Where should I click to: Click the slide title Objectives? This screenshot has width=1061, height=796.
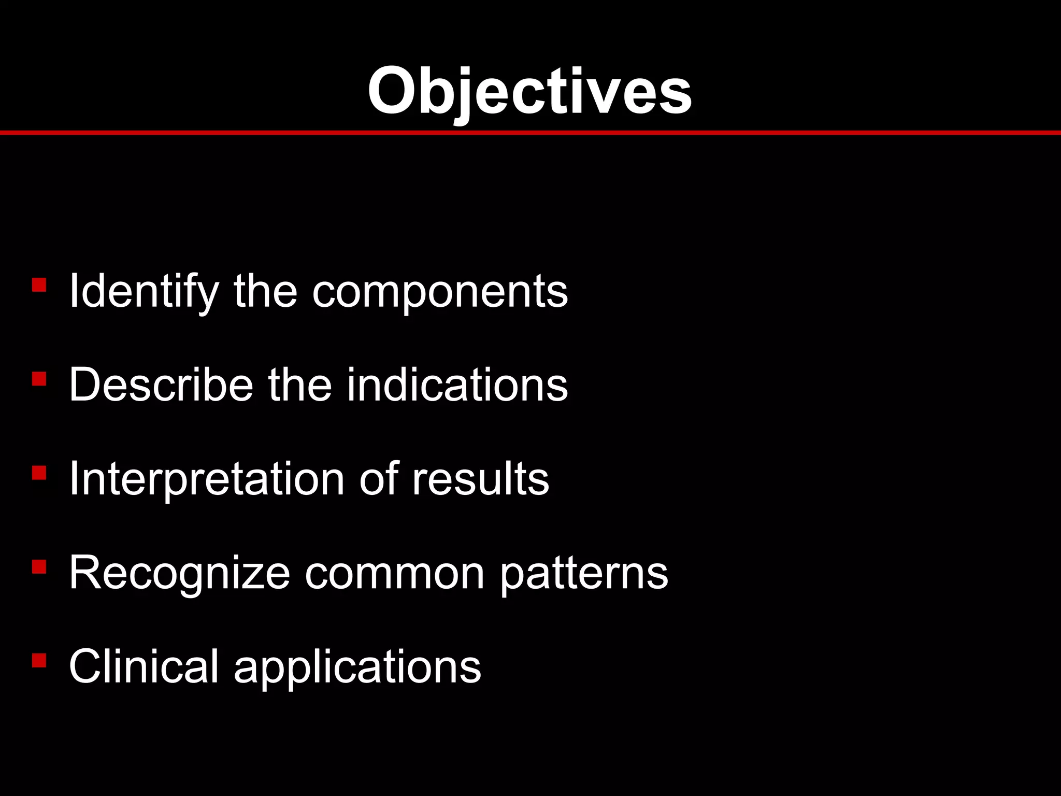(529, 92)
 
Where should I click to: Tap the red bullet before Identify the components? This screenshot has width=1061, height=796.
(39, 285)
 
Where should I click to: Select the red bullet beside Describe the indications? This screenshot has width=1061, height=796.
(39, 379)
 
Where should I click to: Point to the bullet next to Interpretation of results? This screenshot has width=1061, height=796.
(39, 473)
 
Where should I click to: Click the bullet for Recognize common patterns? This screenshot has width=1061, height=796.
(39, 566)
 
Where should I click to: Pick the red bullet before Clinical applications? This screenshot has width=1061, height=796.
(39, 660)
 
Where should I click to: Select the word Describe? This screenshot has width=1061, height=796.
(161, 386)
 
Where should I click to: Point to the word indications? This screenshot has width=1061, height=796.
(457, 386)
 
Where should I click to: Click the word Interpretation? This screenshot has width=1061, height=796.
(207, 480)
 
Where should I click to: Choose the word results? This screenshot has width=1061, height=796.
(480, 480)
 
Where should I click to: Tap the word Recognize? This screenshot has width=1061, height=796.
(179, 574)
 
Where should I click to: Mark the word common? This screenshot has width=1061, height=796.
(395, 574)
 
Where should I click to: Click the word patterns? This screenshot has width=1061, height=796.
(584, 574)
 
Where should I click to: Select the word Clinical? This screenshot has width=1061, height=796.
(144, 667)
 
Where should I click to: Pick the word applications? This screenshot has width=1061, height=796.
(357, 667)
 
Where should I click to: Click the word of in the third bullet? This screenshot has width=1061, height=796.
(379, 480)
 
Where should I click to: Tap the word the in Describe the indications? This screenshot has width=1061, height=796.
(299, 386)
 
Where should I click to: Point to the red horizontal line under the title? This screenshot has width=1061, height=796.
(530, 133)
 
